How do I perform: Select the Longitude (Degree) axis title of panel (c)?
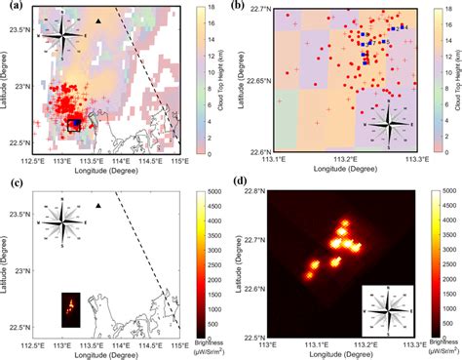pos(105,355)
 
